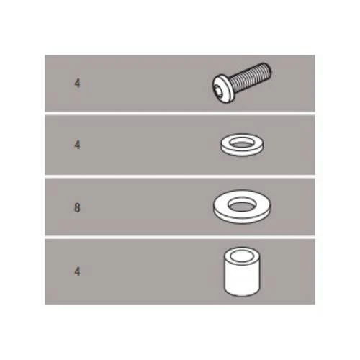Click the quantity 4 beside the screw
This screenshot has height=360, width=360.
pyautogui.click(x=77, y=84)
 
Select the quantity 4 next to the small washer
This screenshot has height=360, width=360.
pyautogui.click(x=77, y=145)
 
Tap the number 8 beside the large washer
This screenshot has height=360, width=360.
pyautogui.click(x=77, y=207)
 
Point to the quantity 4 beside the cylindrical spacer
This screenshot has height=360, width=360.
pyautogui.click(x=77, y=271)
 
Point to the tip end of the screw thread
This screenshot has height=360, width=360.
pyautogui.click(x=269, y=69)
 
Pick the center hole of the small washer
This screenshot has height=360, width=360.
pyautogui.click(x=242, y=143)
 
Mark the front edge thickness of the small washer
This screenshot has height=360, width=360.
pyautogui.click(x=242, y=153)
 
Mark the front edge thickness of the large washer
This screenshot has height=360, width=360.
pyautogui.click(x=242, y=221)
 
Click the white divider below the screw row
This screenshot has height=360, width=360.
pyautogui.click(x=180, y=114)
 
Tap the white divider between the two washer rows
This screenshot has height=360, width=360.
pyautogui.click(x=180, y=176)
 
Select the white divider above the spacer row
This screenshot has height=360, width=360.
pyautogui.click(x=180, y=237)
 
